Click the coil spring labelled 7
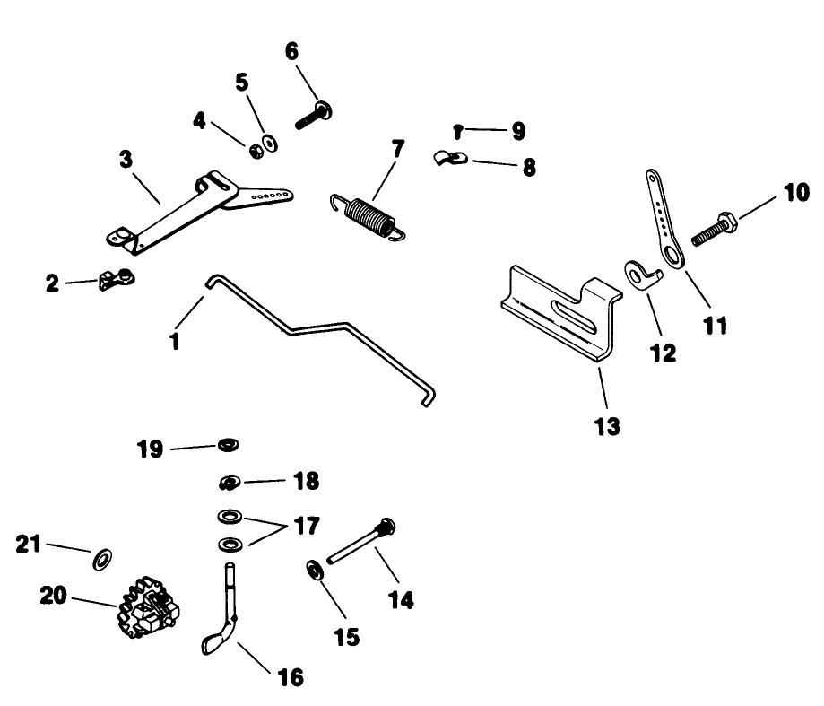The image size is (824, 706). (x=369, y=218)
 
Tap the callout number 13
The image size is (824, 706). (x=607, y=426)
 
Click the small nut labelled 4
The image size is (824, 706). (x=256, y=152)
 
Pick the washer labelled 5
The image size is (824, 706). (x=271, y=143)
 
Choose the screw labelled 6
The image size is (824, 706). (x=313, y=115)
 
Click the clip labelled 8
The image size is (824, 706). (x=450, y=158)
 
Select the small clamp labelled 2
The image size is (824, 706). (x=117, y=278)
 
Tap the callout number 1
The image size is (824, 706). (x=175, y=341)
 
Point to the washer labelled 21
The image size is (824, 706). (x=102, y=560)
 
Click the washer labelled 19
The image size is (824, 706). (x=229, y=445)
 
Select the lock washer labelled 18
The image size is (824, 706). (x=230, y=482)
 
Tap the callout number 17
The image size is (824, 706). (x=307, y=526)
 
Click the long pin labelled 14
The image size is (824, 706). (x=360, y=542)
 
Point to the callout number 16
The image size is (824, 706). (x=291, y=677)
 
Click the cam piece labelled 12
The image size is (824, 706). (x=643, y=275)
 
